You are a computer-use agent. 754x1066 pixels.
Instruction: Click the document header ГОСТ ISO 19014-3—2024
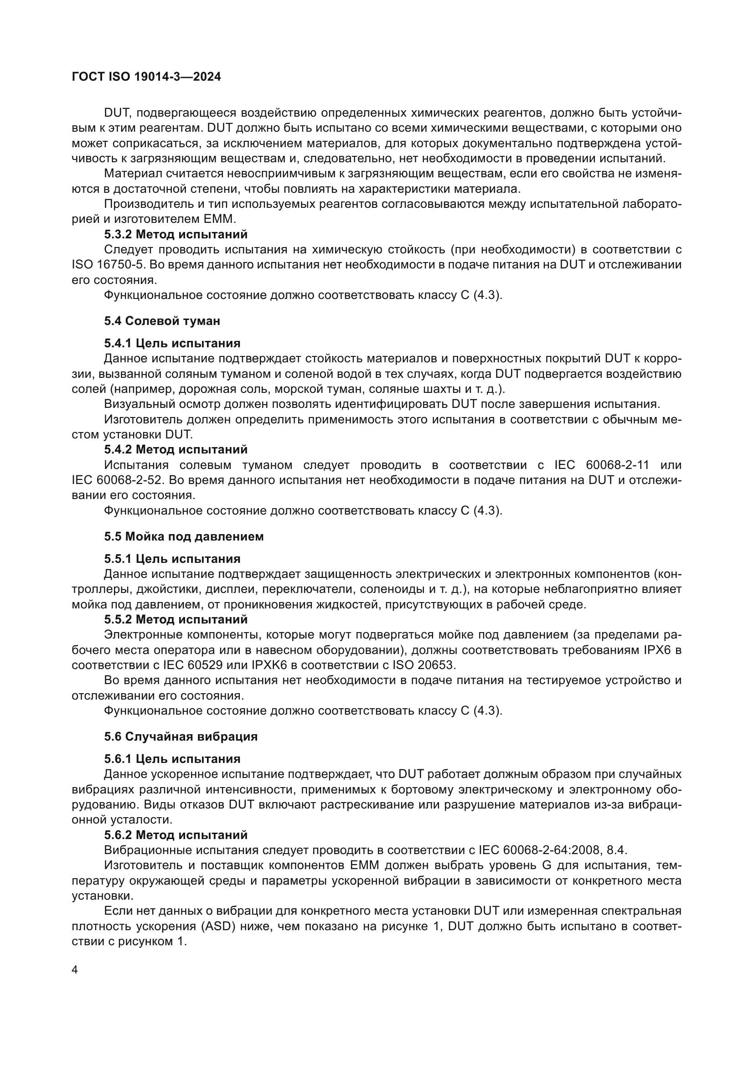pyautogui.click(x=146, y=77)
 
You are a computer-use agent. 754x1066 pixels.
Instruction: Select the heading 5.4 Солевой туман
pyautogui.click(x=162, y=321)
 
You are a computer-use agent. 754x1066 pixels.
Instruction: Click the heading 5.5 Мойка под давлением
pyautogui.click(x=184, y=536)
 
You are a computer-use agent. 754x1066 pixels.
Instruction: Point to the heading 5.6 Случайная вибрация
pyautogui.click(x=181, y=736)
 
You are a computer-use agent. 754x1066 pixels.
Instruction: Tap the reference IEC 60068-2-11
pyautogui.click(x=602, y=465)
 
